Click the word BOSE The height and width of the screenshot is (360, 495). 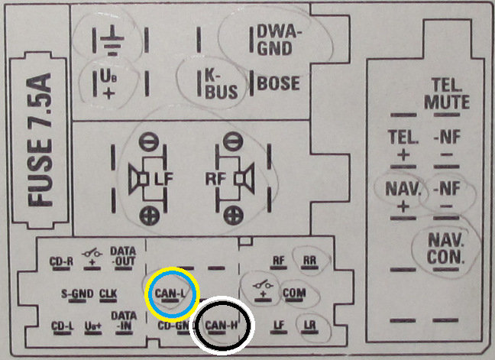click(x=279, y=83)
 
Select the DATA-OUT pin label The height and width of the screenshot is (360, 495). click(x=123, y=255)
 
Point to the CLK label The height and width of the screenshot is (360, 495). click(x=108, y=293)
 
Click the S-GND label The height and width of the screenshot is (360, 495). click(x=76, y=293)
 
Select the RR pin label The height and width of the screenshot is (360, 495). click(x=309, y=260)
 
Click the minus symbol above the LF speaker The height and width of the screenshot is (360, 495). click(x=148, y=141)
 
